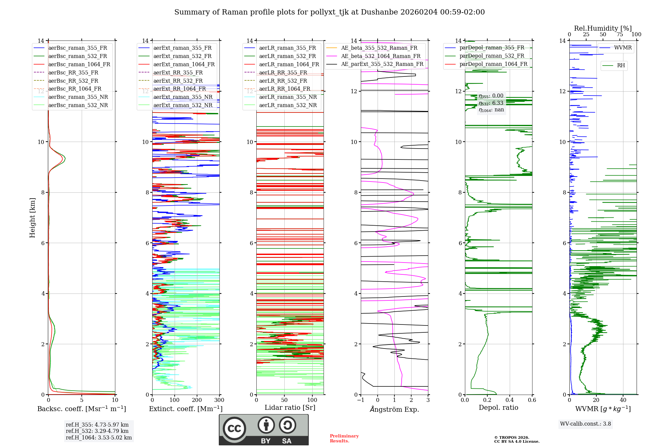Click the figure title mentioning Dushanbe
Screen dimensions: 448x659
329,12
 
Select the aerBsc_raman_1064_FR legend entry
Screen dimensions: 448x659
79,64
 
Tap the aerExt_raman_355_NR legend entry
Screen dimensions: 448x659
183,97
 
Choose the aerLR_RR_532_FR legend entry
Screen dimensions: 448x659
283,81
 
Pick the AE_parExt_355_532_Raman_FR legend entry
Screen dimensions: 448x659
382,64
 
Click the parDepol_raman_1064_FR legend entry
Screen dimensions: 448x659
493,64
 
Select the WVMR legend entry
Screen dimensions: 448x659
623,48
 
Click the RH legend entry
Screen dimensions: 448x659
621,66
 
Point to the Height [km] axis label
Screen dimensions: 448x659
32,217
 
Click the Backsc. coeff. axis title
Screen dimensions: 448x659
81,409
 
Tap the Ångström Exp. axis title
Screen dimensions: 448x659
394,409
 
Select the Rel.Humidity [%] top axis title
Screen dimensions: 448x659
603,28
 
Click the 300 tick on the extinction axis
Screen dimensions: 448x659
219,400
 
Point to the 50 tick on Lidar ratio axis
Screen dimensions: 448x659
284,400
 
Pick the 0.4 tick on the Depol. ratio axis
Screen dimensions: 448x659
509,400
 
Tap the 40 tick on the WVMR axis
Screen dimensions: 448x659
623,400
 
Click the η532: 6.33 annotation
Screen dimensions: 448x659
491,103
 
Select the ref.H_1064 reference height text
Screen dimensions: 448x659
99,437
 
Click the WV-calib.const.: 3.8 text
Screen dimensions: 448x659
586,424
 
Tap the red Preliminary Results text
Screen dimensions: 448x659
344,438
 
